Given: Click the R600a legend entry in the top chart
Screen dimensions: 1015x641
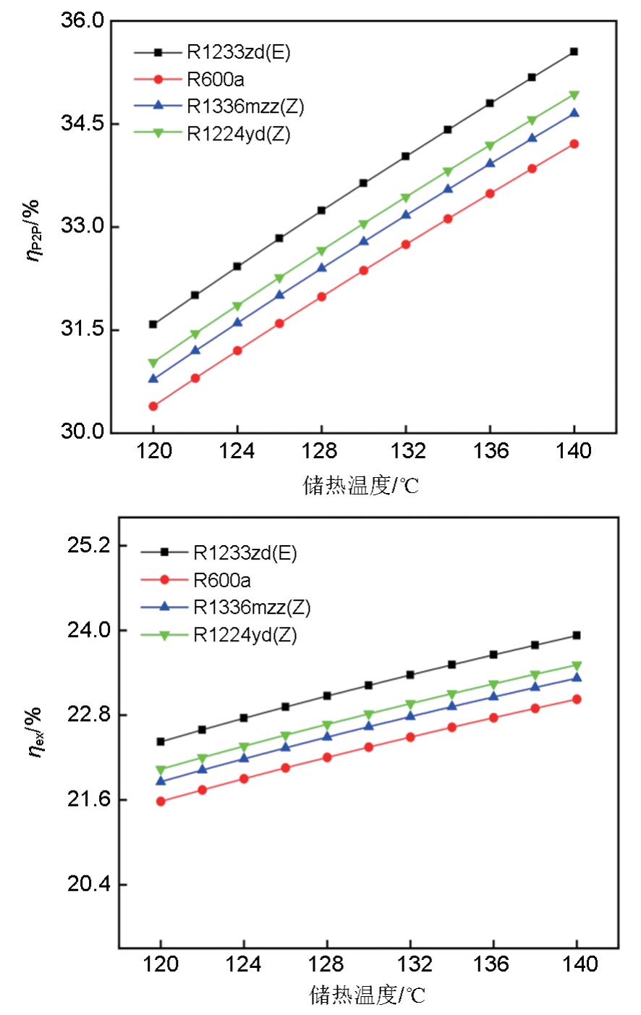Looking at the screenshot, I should (215, 80).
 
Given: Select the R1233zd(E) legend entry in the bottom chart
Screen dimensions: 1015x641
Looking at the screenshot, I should (245, 553).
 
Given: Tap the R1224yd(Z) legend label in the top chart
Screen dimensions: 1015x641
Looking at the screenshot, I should (238, 134).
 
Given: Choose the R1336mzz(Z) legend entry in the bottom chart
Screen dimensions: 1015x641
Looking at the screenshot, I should (251, 607).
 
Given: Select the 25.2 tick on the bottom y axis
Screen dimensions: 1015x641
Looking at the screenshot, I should (88, 545).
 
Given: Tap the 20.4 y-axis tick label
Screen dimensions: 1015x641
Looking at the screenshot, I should (88, 885).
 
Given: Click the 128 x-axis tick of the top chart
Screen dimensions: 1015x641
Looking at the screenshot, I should (320, 452).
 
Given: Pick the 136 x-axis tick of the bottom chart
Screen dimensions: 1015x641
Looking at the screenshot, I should (494, 964).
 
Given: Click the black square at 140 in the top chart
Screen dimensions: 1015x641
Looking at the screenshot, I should (574, 51).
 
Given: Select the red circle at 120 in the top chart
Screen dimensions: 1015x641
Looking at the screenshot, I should (153, 406).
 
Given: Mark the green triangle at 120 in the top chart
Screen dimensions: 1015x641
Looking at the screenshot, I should (153, 363).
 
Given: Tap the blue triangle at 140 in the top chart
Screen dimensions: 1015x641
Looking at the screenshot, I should (574, 113).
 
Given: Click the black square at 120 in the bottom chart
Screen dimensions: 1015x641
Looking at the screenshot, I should (161, 741).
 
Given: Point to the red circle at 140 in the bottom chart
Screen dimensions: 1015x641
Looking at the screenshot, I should (577, 699).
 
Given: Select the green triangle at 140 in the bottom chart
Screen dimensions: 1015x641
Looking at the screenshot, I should (577, 665).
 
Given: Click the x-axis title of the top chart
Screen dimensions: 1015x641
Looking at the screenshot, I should (360, 486).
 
